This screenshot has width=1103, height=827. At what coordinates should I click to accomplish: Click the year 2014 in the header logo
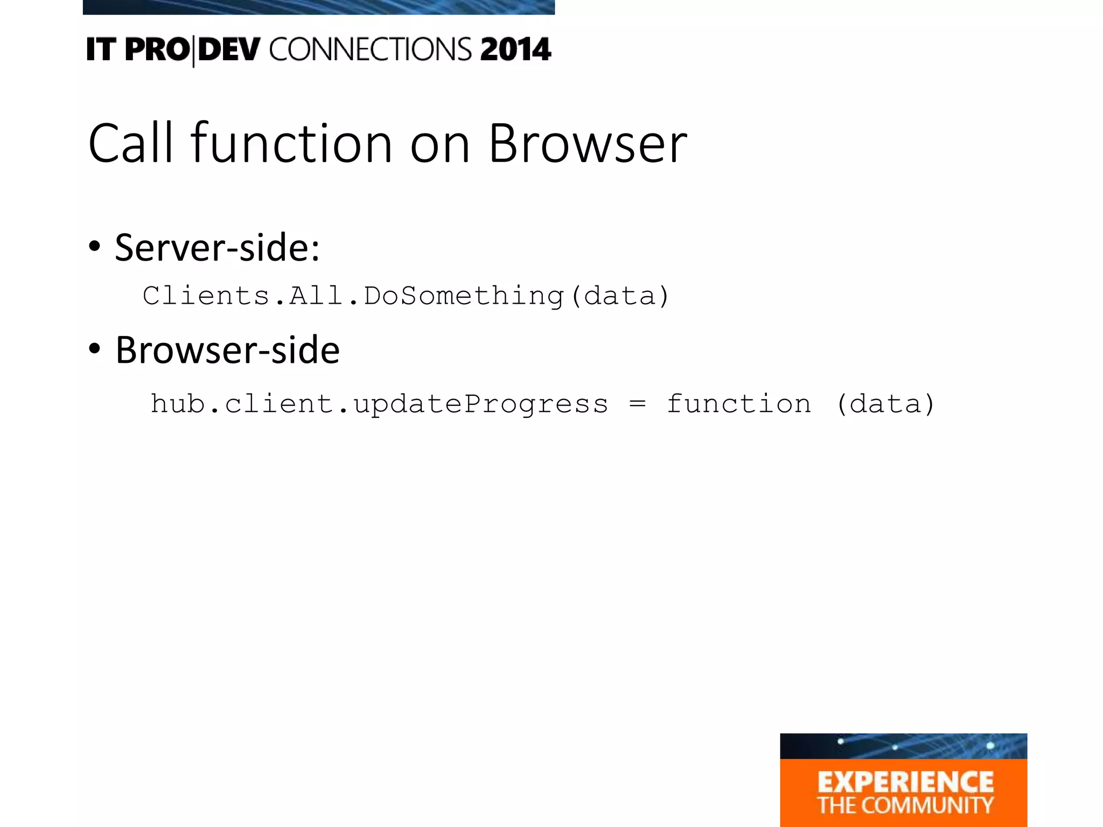[515, 50]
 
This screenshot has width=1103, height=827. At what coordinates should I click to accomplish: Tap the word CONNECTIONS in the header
[371, 50]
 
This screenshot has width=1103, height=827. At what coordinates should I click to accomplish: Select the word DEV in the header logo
[229, 50]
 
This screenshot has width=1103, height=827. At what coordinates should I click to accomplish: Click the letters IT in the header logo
[101, 50]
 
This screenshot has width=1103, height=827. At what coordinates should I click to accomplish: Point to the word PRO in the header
[157, 50]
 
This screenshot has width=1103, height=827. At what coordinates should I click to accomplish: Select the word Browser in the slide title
[588, 143]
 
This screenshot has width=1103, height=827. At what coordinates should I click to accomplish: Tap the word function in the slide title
[291, 143]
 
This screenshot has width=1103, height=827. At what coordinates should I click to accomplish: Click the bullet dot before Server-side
[95, 247]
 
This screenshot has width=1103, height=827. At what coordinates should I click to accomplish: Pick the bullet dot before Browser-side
[95, 349]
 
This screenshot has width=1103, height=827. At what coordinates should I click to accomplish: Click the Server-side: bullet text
[217, 248]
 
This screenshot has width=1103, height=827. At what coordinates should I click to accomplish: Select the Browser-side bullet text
[227, 350]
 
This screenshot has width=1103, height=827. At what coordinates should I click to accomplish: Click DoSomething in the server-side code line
[464, 296]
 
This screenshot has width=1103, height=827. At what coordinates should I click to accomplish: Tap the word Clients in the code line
[206, 296]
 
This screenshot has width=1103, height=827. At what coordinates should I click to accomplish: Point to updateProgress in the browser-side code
[481, 404]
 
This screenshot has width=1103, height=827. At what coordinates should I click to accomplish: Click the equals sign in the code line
[637, 404]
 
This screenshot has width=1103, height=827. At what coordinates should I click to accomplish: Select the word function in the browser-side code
[739, 404]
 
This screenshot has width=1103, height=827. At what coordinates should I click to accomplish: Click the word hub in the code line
[178, 404]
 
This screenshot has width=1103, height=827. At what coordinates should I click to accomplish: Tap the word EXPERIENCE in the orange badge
[905, 782]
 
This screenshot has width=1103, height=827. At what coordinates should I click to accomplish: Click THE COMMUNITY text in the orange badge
[905, 805]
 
